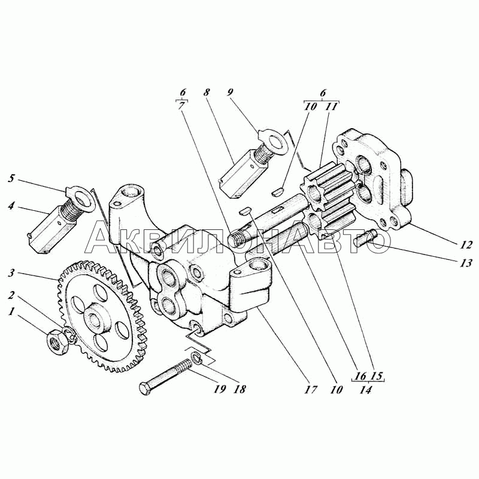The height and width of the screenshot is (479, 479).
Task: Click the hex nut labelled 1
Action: pyautogui.click(x=57, y=342)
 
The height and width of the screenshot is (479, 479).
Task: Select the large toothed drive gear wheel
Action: pyautogui.click(x=102, y=316)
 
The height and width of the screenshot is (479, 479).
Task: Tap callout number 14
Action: pyautogui.click(x=365, y=390)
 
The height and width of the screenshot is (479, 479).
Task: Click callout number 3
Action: pyautogui.click(x=11, y=272)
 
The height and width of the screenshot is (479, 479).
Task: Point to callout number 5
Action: pyautogui.click(x=11, y=178)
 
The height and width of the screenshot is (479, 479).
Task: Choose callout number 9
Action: pyautogui.click(x=230, y=92)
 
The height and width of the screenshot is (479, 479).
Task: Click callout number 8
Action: pyautogui.click(x=207, y=92)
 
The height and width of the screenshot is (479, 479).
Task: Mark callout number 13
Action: pyautogui.click(x=466, y=263)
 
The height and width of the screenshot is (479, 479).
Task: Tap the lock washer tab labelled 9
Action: pyautogui.click(x=274, y=141)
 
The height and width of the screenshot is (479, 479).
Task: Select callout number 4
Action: pyautogui.click(x=11, y=205)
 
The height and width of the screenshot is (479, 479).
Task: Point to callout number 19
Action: pyautogui.click(x=219, y=389)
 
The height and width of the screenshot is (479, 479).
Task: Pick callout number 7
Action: pyautogui.click(x=182, y=107)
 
